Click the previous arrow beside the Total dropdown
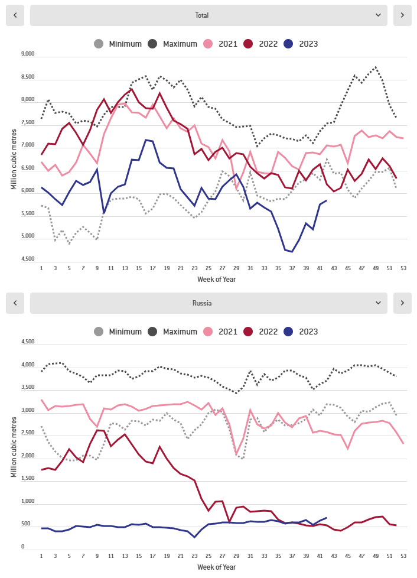pyautogui.click(x=15, y=15)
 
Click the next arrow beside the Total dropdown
pyautogui.click(x=402, y=15)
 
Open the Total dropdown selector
pyautogui.click(x=209, y=15)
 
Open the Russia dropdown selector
pyautogui.click(x=209, y=303)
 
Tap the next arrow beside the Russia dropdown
pyautogui.click(x=402, y=303)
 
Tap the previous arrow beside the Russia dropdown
pyautogui.click(x=15, y=303)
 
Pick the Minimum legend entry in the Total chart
pyautogui.click(x=118, y=44)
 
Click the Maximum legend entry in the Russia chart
pyautogui.click(x=172, y=332)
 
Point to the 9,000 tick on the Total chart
pyautogui.click(x=28, y=54)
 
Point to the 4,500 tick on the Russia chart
pyautogui.click(x=28, y=342)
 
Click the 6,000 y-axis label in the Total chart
pyautogui.click(x=28, y=191)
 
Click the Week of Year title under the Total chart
pyautogui.click(x=217, y=279)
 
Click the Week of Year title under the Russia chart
pyautogui.click(x=217, y=567)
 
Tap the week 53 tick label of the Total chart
pyautogui.click(x=402, y=268)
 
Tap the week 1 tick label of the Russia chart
pyautogui.click(x=41, y=556)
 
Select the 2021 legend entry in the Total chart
pyautogui.click(x=221, y=44)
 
